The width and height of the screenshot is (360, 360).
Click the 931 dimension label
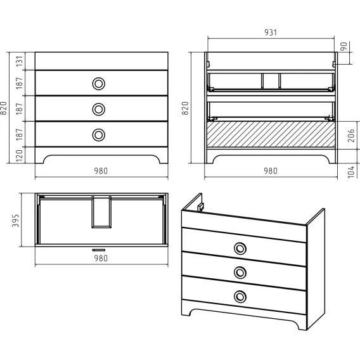coord(271,32)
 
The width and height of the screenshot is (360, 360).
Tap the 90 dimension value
coord(344,47)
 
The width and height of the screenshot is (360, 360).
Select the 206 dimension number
coord(351,136)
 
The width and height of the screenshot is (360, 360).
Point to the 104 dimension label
coord(351,171)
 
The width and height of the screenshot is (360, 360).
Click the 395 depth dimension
coord(15,221)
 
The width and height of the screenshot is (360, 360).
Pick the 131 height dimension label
coord(20,61)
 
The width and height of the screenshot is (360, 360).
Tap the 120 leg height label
coord(20,155)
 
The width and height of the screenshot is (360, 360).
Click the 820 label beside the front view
coord(3,108)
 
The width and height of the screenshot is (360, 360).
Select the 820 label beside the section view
coord(185,108)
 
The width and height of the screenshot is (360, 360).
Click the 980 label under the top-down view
coord(101,259)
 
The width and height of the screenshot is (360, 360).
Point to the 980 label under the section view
coord(271,171)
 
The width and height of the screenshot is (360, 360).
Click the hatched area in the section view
coord(271,134)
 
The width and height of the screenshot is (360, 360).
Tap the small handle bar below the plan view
coord(99,250)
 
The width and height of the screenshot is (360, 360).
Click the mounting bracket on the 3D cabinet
coord(201,207)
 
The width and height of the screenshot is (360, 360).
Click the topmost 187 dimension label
coord(20,83)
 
